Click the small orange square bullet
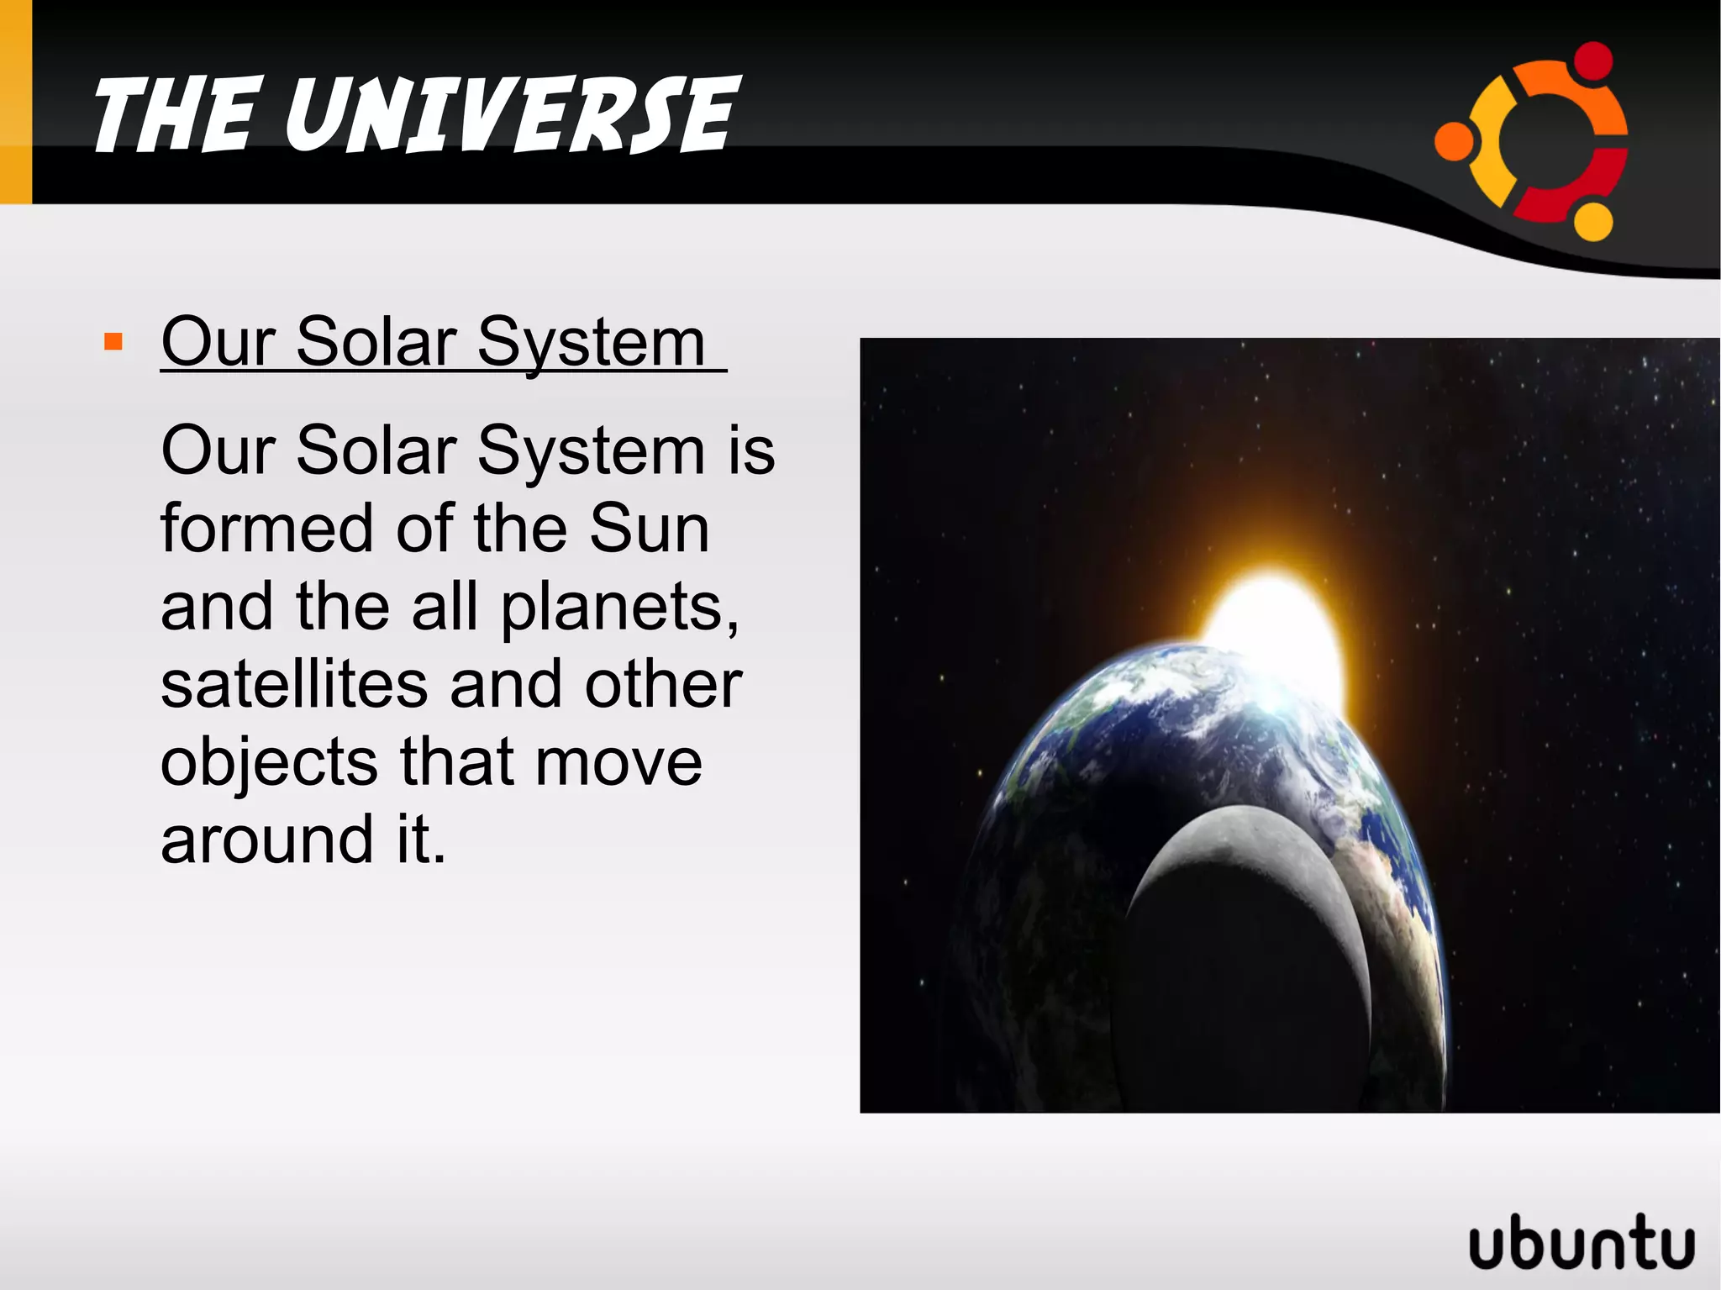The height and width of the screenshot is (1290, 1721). (113, 342)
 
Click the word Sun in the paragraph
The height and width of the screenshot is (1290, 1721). (649, 529)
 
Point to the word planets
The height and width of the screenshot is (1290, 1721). (619, 606)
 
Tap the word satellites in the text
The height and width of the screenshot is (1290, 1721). (294, 684)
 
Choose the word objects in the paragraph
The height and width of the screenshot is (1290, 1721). (269, 763)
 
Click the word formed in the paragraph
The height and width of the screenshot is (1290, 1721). (266, 529)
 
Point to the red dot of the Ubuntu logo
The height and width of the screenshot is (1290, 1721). (1592, 61)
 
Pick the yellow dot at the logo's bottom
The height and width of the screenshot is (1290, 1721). (1592, 221)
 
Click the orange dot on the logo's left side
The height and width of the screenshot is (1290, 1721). (1454, 140)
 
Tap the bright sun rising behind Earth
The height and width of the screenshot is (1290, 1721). (1273, 622)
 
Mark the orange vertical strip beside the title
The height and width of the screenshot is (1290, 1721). (15, 101)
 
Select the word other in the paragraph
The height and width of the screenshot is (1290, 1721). (663, 684)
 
